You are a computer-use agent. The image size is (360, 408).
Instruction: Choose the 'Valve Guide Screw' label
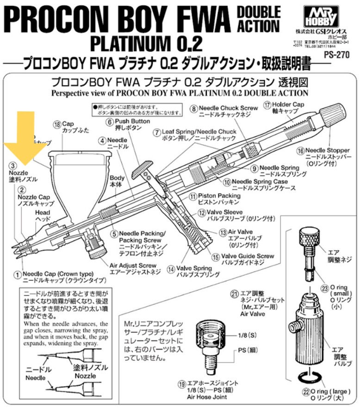click(x=249, y=256)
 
